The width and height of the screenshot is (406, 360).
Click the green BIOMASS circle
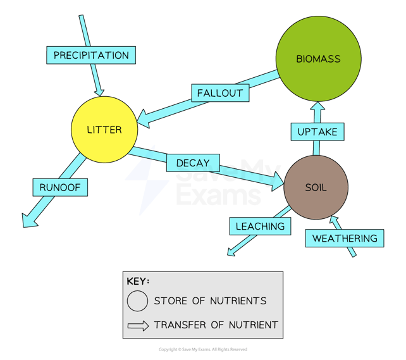317,58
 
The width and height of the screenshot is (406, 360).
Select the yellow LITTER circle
104,130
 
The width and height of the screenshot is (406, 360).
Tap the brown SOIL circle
316,188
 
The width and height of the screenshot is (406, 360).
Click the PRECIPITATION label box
91,55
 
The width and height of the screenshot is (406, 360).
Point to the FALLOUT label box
219,92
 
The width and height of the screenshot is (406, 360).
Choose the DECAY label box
193,163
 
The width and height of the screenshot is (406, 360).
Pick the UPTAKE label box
317,132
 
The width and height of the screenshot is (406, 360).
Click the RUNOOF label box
60,187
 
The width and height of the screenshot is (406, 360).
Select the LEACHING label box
260,226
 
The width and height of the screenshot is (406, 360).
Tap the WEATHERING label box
345,239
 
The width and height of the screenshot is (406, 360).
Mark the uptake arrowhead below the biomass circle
317,108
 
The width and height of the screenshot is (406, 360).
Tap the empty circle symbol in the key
137,301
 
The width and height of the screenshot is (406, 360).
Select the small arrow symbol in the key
137,325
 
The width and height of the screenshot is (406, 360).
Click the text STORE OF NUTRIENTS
210,301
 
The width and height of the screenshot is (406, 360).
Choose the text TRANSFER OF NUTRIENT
216,325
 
